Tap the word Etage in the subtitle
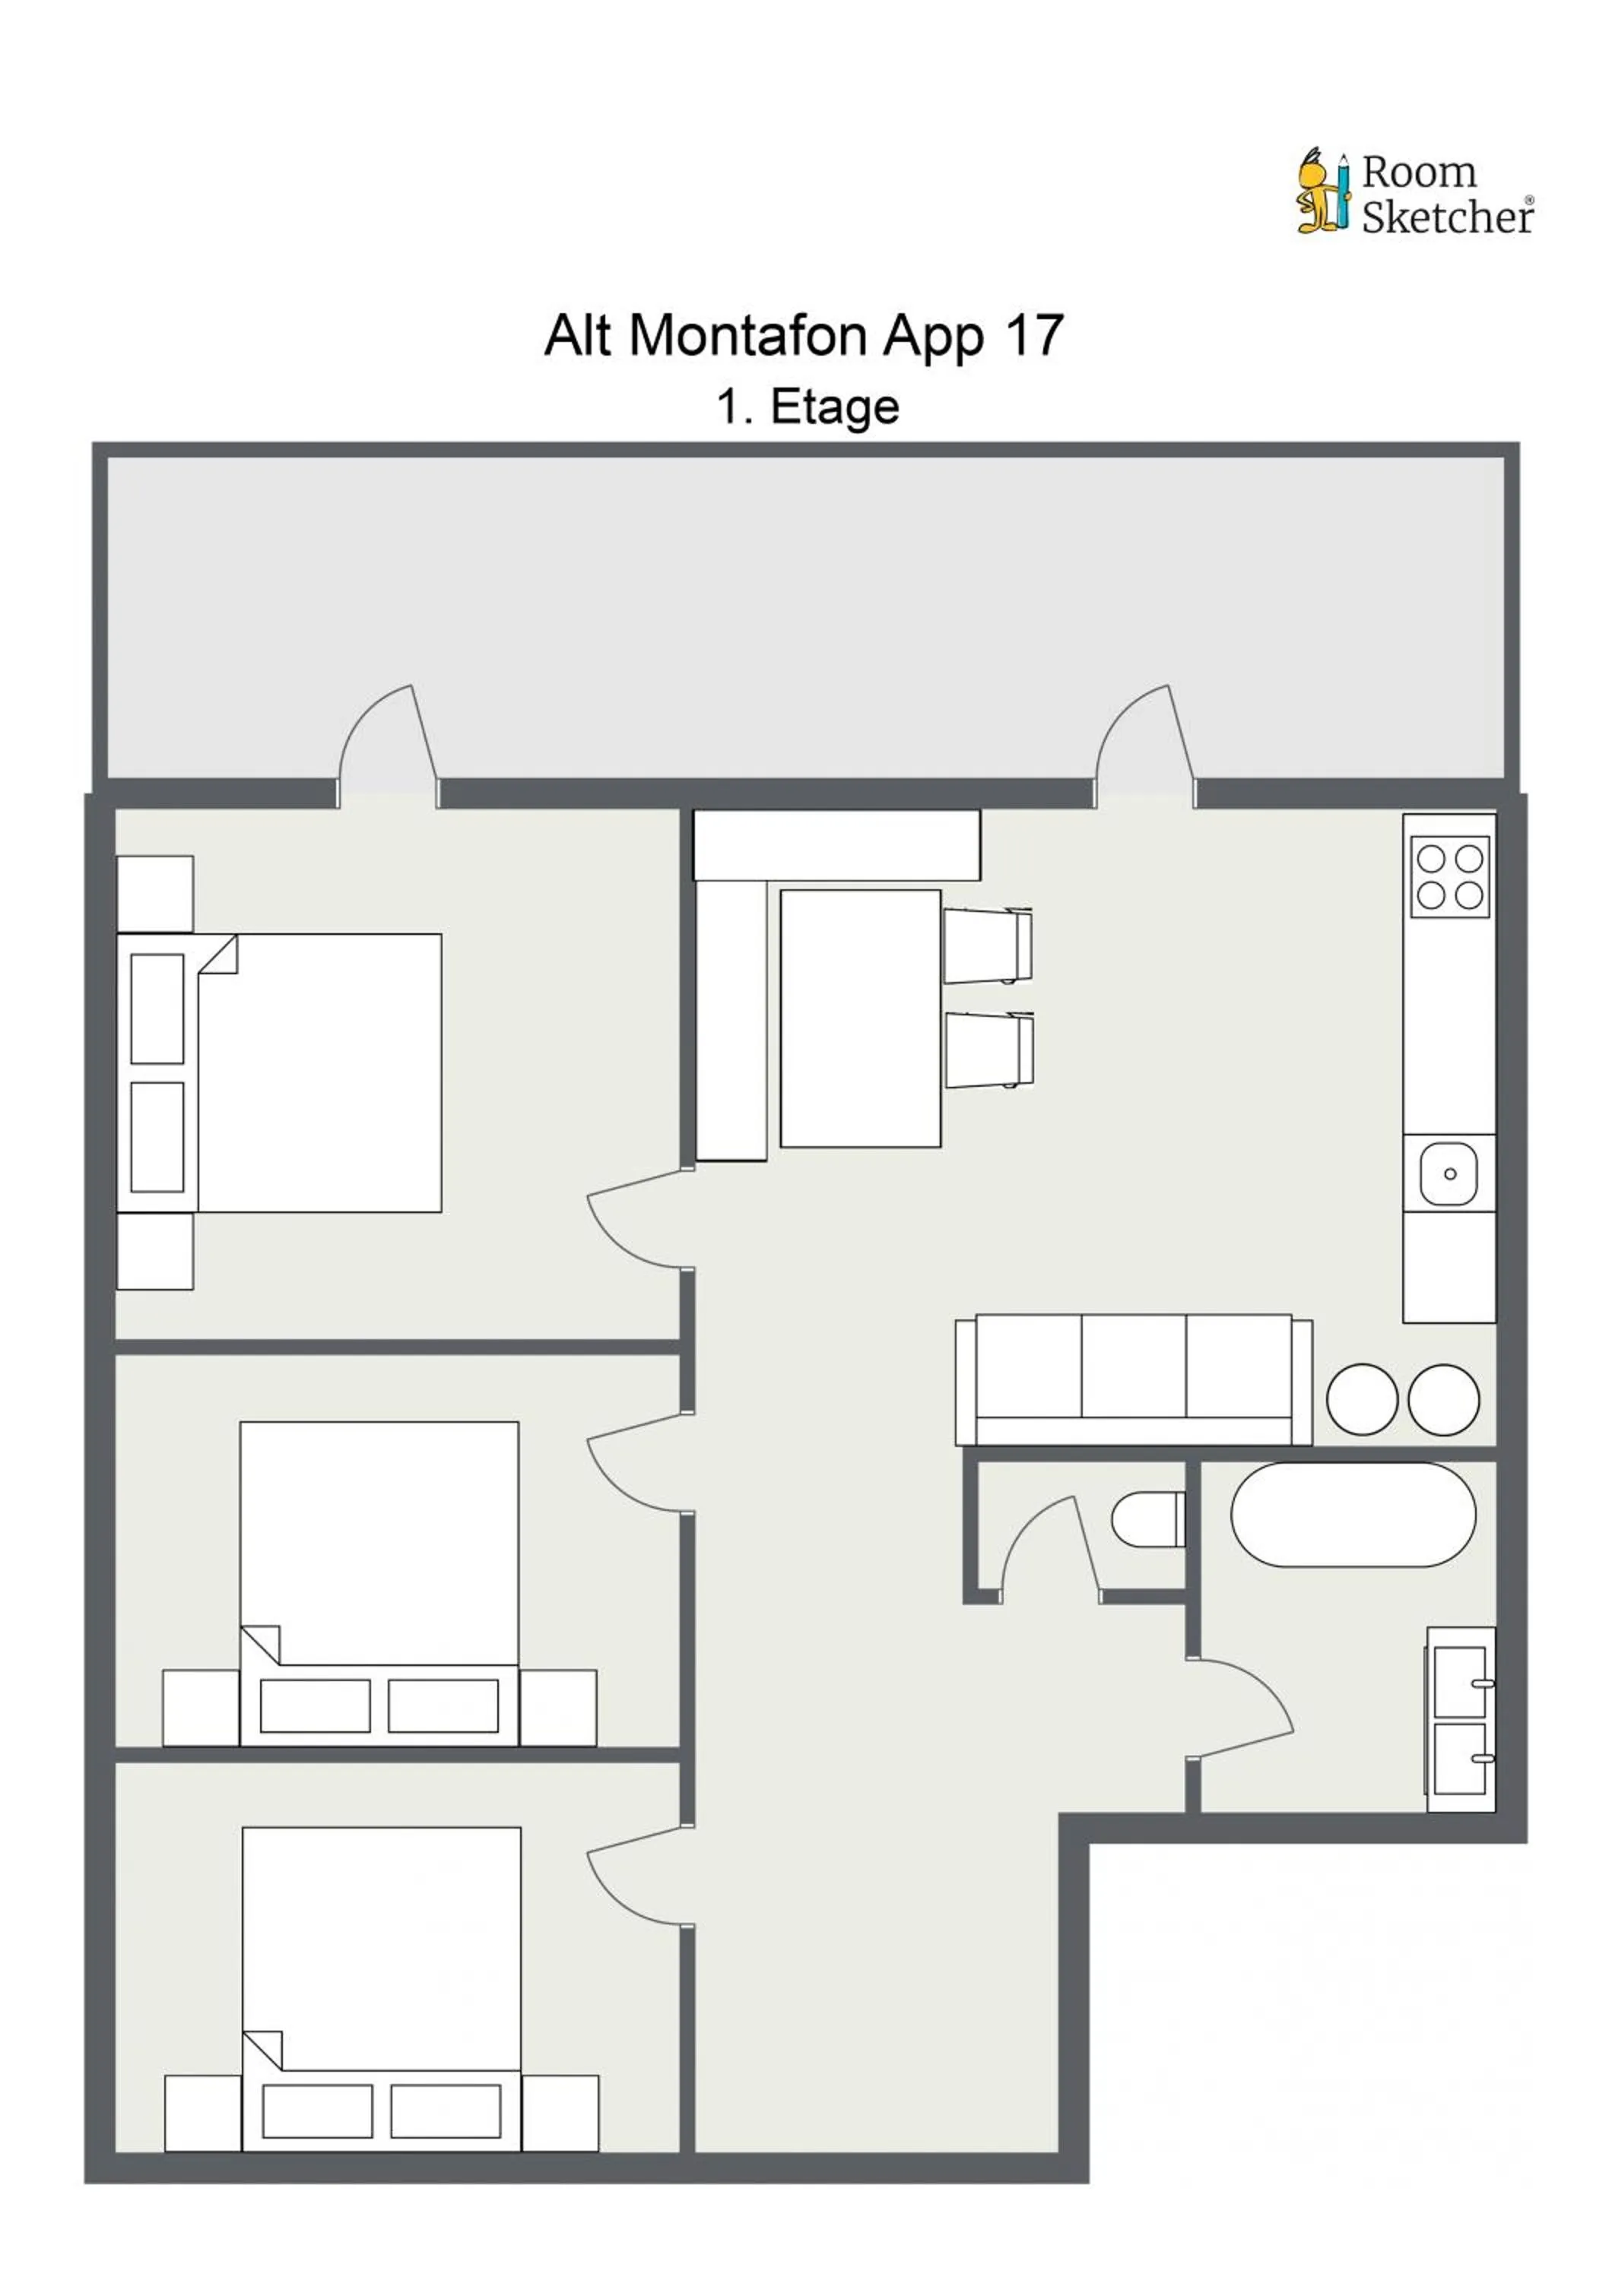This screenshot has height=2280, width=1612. pos(834,407)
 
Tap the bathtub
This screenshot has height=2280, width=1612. pos(1353,1515)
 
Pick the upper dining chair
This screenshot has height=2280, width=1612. pos(987,945)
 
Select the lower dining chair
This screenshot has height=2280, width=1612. pos(989,1050)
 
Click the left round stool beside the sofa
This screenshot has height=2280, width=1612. pos(1362,1399)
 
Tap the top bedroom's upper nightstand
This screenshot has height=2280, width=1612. pos(155,894)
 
